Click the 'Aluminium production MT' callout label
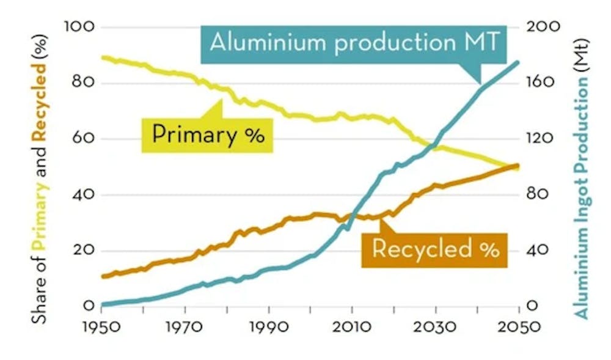pos(354,43)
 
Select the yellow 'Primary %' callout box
pos(208,134)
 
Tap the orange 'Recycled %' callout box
pos(435,249)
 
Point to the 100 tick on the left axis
pos(78,27)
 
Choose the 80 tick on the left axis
pos(81,83)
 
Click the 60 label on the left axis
pos(81,139)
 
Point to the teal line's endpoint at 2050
pos(519,62)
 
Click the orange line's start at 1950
pos(103,276)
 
